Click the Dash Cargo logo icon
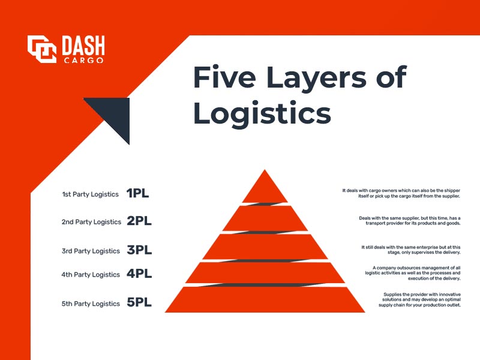click(x=42, y=49)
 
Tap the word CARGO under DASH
click(x=83, y=60)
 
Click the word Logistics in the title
click(x=262, y=113)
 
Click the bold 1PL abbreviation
click(x=137, y=194)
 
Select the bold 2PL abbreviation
click(x=139, y=221)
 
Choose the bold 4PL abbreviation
click(x=139, y=274)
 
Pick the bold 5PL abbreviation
click(x=139, y=303)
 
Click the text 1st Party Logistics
click(x=90, y=194)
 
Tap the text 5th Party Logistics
click(x=91, y=304)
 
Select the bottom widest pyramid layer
click(x=265, y=301)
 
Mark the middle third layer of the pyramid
click(x=265, y=247)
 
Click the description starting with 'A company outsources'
click(x=412, y=273)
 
